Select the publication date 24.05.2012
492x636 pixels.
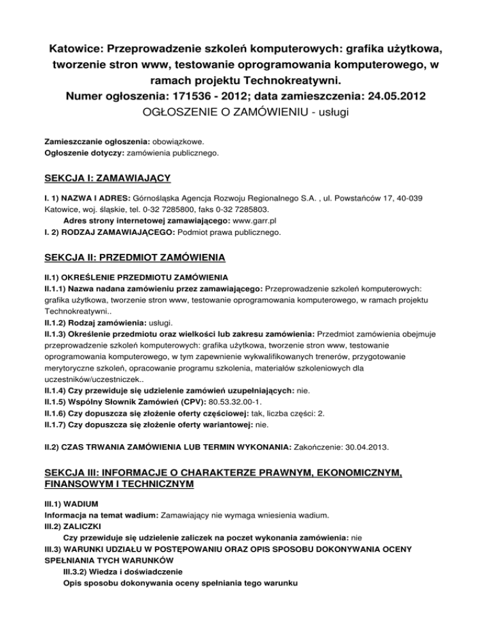392,98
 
